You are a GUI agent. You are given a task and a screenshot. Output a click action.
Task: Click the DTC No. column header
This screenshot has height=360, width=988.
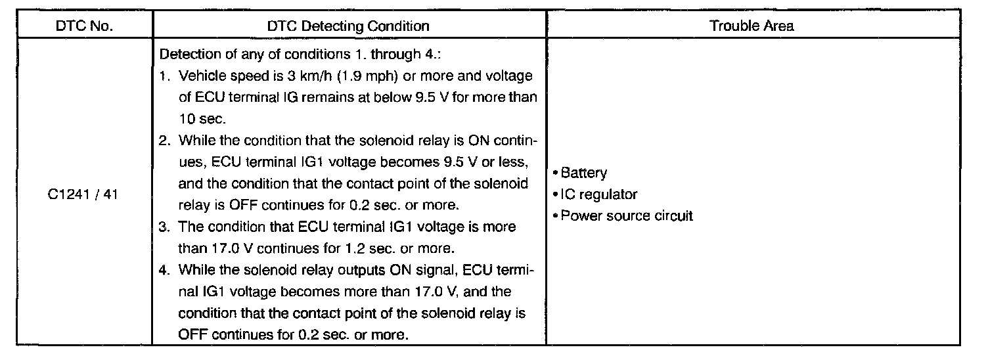pyautogui.click(x=84, y=26)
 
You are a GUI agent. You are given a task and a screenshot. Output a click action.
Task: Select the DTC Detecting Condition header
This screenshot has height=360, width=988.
pyautogui.click(x=348, y=26)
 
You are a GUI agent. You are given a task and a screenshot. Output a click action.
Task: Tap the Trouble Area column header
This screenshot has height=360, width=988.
pyautogui.click(x=752, y=26)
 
